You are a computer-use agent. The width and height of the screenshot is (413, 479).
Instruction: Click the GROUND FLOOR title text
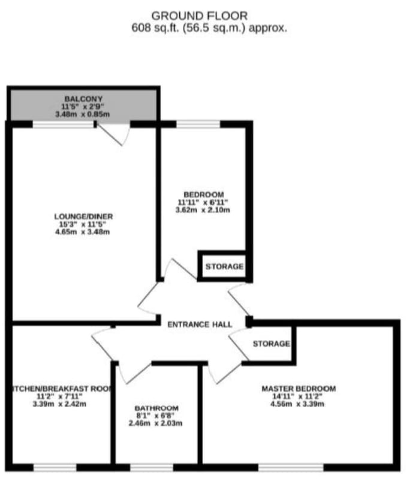click(200, 16)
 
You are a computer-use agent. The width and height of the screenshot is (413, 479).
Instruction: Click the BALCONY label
click(83, 99)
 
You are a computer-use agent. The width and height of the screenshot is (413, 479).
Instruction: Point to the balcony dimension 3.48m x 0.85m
click(82, 114)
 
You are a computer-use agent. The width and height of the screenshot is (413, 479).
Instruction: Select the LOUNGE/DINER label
click(83, 217)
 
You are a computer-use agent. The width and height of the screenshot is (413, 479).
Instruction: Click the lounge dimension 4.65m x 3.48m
click(82, 232)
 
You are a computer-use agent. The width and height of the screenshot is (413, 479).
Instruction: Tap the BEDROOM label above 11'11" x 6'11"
click(204, 195)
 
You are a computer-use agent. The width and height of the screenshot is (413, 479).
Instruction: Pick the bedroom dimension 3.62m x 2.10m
click(203, 210)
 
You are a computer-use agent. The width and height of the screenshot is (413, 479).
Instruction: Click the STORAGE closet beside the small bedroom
click(225, 266)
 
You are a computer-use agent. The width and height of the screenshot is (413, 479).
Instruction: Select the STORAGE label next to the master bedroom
click(272, 344)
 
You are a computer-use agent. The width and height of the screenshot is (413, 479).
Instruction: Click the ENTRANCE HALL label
click(200, 325)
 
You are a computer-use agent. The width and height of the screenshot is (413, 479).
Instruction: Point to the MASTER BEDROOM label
click(299, 389)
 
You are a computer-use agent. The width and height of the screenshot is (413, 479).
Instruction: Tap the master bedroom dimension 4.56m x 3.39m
click(297, 404)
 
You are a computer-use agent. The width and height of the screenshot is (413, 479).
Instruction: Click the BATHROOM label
click(156, 408)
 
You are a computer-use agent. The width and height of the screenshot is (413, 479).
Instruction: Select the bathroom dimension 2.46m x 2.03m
click(155, 423)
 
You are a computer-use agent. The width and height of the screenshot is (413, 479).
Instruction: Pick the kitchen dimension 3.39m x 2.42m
click(59, 404)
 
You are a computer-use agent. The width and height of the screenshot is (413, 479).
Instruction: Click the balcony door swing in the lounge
click(114, 135)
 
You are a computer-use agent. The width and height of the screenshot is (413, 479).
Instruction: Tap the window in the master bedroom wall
click(291, 468)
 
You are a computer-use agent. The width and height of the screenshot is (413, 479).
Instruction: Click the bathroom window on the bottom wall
click(152, 468)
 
